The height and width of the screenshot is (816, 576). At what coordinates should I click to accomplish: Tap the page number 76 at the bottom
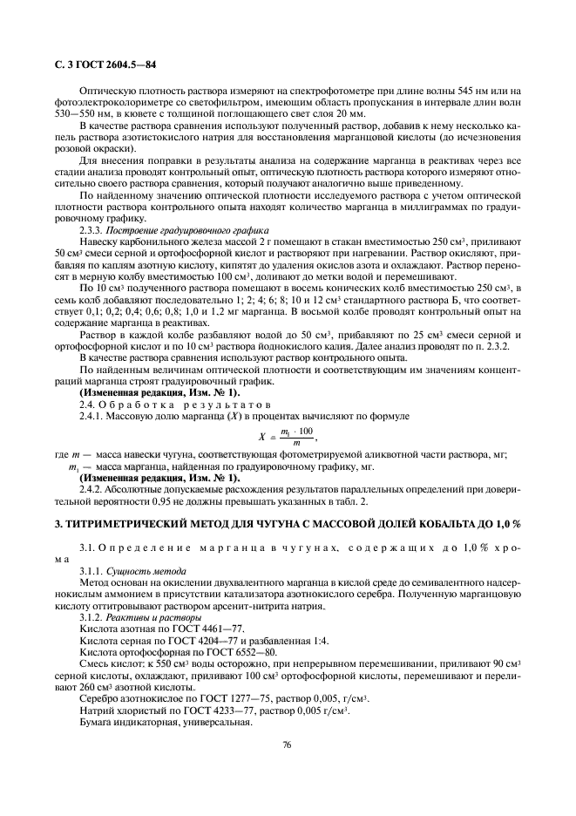pyautogui.click(x=287, y=744)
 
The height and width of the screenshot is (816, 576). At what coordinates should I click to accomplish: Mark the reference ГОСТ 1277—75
pyautogui.click(x=212, y=699)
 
